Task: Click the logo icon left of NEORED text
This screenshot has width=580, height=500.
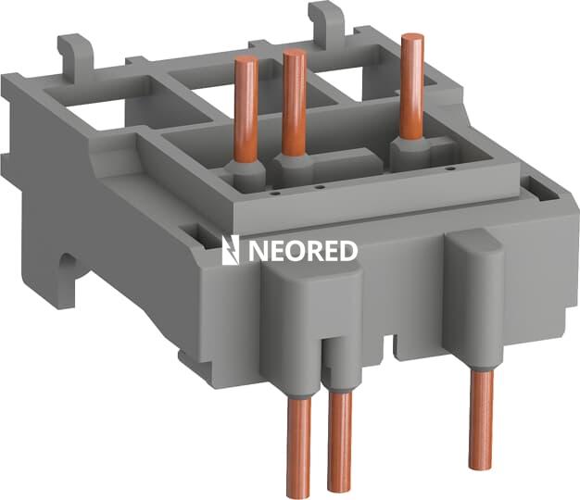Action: click(x=231, y=250)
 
